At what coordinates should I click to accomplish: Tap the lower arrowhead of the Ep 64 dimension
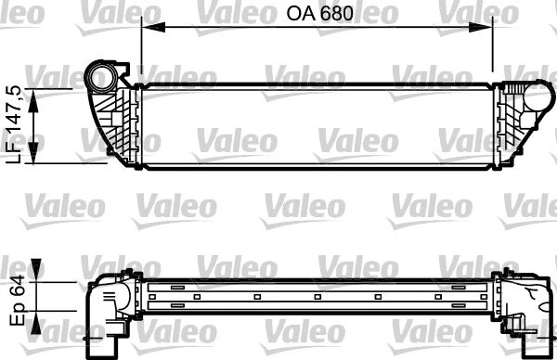point(36,320)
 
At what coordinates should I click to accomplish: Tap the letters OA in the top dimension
point(295,15)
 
